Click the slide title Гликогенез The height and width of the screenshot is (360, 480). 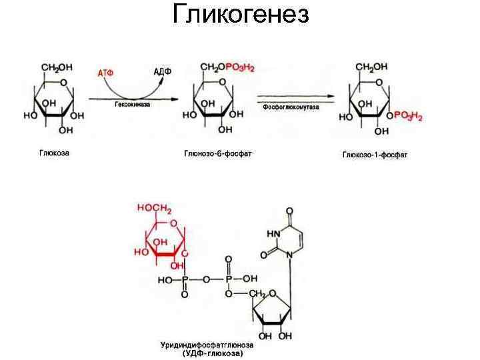[240, 14]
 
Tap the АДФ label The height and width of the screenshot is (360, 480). [162, 71]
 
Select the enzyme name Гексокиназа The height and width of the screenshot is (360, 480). [132, 105]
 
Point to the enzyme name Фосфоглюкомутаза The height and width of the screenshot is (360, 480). [291, 107]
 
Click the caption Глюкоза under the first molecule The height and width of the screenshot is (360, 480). [55, 153]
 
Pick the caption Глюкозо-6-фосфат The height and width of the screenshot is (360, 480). [218, 154]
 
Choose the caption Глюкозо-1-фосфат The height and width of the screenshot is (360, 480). [375, 155]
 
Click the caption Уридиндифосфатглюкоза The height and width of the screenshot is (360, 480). [207, 345]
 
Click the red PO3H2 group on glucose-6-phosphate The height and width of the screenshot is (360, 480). [240, 68]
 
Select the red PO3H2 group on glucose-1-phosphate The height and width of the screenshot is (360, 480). [408, 115]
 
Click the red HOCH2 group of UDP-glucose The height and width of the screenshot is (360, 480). [154, 208]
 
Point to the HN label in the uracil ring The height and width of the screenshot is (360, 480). [273, 233]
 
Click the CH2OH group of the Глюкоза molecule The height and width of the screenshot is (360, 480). [57, 68]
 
